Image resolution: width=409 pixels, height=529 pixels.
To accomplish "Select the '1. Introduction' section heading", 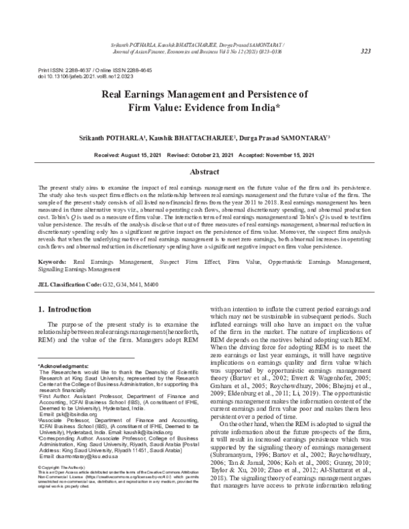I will click(x=71, y=310).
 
